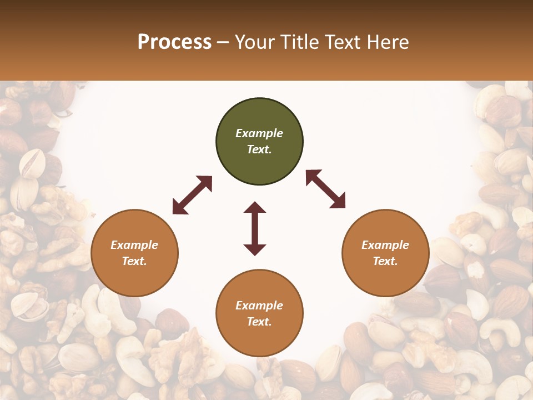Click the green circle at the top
259,142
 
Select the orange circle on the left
134,253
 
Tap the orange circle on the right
385,253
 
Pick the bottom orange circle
259,313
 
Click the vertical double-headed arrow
255,228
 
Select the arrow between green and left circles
192,195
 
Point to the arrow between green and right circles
325,189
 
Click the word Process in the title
174,42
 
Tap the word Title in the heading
300,42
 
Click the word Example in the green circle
259,133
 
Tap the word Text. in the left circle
134,261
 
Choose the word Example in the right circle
385,245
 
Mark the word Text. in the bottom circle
259,322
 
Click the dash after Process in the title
223,43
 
